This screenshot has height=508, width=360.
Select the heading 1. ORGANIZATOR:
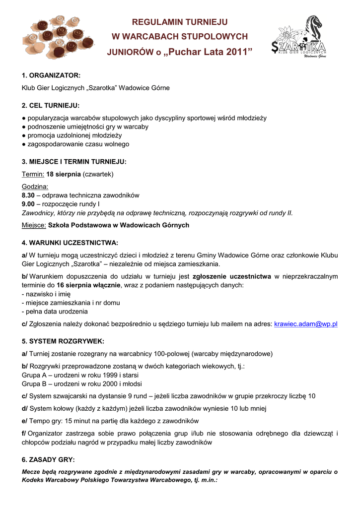pos(51,75)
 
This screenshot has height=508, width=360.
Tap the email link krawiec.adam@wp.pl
pos(306,324)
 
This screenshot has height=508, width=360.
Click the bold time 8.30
pos(28,195)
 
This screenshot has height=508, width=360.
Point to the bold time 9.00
pos(28,204)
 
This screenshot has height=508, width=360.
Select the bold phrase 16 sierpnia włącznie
pos(88,285)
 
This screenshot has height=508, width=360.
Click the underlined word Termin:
pos(33,174)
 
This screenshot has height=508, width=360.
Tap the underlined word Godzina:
pos(35,187)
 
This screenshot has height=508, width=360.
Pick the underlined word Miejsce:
pos(34,225)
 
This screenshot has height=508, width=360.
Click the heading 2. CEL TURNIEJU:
pos(51,106)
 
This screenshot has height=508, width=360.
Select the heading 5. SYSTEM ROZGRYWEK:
pos(63,341)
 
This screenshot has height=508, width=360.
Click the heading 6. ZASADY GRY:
pos(48,459)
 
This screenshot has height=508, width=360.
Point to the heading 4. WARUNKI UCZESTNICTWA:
pos(70,243)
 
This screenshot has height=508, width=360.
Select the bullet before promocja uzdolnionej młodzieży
pos(24,135)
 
